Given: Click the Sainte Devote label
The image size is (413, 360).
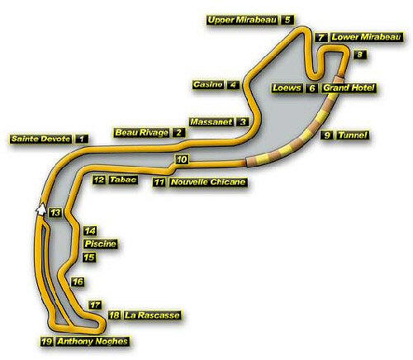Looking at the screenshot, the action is point(40,139).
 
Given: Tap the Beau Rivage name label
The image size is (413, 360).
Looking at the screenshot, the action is point(141,132).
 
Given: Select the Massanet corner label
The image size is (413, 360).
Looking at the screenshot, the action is point(211,121).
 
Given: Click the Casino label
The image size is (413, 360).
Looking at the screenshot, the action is point(208,84).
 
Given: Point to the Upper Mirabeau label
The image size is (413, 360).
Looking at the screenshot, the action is point(242,20).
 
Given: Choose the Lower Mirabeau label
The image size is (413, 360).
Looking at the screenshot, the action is point(366,37).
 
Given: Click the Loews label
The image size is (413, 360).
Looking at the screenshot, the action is point(287,88).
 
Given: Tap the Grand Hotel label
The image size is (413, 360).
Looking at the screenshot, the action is point(349,88).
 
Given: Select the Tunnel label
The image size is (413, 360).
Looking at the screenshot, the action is point(353,135).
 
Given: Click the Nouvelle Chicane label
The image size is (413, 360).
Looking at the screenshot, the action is point(208,182).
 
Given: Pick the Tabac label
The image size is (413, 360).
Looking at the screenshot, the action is point(123,180).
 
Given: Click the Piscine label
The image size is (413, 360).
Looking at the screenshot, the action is point(101,244).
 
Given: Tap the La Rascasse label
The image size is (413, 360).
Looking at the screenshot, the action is point(152,315).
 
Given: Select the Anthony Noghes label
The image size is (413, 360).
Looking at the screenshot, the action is point(93,342).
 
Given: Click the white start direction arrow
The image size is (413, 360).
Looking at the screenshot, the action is point(40,209).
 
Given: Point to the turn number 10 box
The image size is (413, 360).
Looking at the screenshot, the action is point(182,159).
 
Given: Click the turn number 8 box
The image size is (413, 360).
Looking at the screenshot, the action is point(359,54).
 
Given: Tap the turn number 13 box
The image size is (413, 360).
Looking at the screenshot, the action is point(55,213).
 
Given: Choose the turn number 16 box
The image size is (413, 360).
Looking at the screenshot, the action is point(78,282).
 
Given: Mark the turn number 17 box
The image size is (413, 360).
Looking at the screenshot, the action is point(95,305).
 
